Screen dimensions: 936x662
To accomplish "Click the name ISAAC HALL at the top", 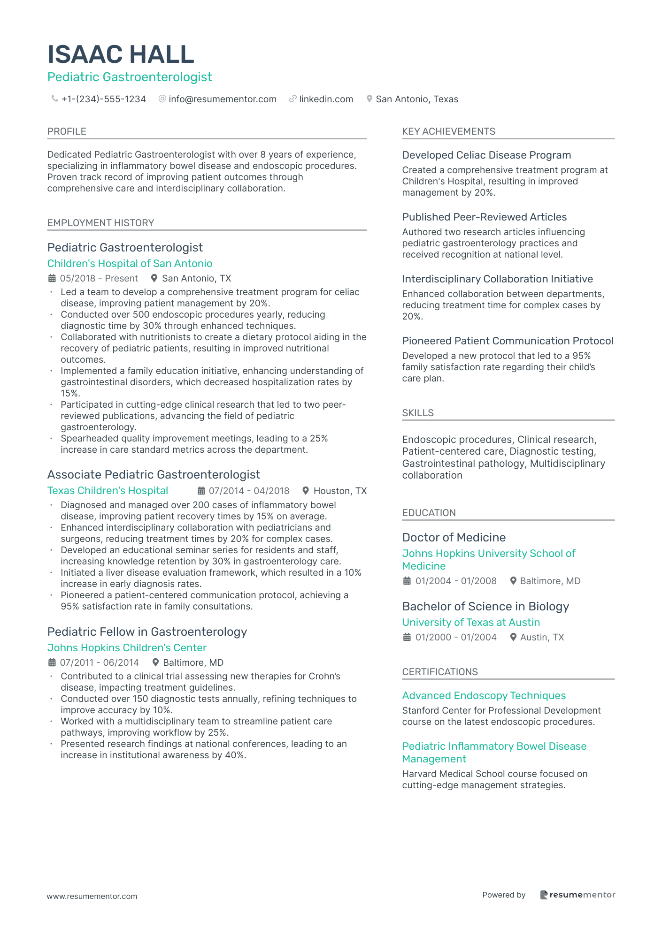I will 121,54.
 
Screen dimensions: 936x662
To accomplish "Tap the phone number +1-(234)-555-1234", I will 103,99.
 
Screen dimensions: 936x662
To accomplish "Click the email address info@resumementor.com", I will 222,99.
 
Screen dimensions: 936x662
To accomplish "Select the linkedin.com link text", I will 326,99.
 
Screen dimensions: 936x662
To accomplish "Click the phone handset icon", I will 54,99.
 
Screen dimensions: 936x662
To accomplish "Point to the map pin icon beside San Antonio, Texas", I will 369,99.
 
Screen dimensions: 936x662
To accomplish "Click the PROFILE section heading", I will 67,131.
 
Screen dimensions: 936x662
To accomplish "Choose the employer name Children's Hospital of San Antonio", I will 130,263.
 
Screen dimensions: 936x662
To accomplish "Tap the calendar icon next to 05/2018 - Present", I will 52,278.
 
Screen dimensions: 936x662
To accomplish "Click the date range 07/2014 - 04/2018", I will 249,491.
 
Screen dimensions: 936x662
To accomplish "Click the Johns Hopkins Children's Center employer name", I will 127,647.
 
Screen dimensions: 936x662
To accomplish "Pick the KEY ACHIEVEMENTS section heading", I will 448,131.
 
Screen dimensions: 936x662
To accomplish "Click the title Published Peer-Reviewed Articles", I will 484,217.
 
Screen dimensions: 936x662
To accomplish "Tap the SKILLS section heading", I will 418,413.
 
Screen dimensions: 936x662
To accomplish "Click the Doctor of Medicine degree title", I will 454,537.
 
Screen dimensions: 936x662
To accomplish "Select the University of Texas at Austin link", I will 471,622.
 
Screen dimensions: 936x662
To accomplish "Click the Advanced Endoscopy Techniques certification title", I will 484,695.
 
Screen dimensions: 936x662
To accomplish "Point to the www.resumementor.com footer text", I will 92,896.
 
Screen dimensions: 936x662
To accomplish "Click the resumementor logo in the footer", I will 577,895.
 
